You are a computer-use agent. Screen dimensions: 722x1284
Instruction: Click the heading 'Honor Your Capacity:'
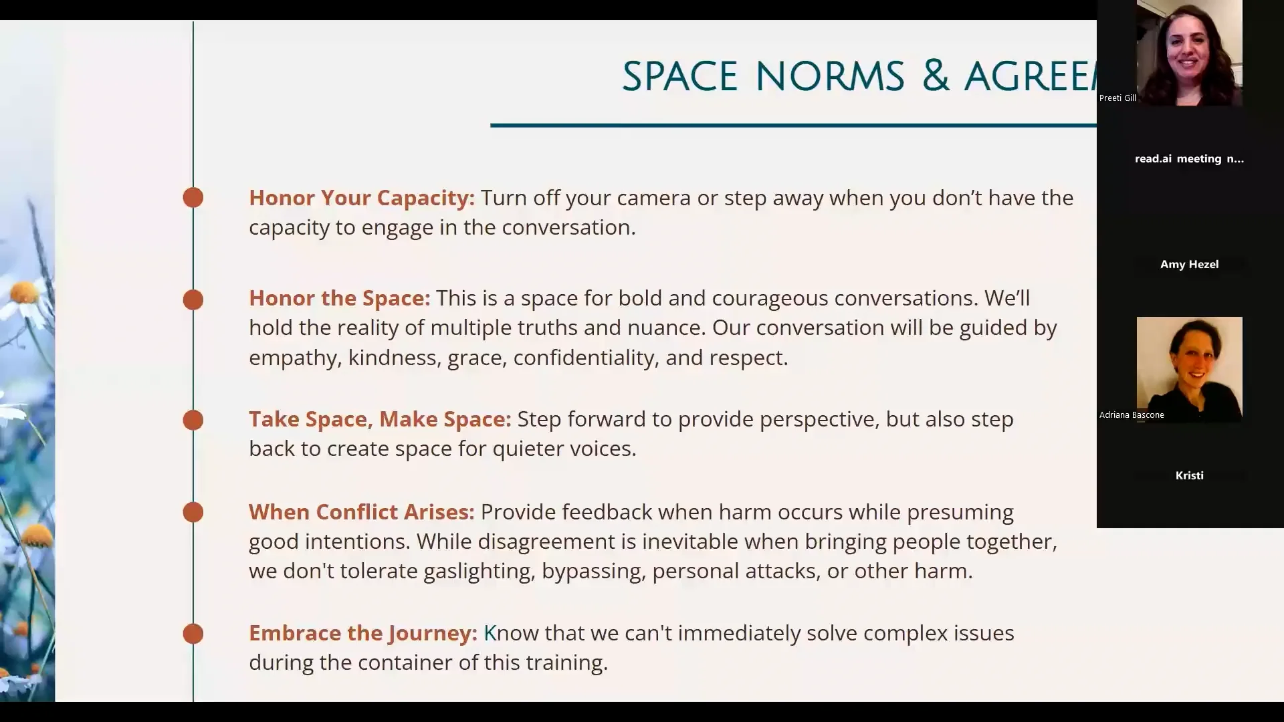[x=361, y=198]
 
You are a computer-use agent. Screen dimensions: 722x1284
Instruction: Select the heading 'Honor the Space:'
[x=339, y=298]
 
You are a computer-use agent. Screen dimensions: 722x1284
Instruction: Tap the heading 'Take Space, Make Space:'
[x=379, y=419]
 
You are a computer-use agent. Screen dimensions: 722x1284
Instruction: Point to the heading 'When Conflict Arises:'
[x=361, y=512]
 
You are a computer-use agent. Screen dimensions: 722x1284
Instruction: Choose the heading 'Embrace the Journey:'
[x=362, y=633]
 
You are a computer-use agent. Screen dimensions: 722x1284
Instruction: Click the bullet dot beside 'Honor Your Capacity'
[x=193, y=197]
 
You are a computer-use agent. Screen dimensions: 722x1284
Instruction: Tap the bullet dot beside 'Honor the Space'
[x=193, y=299]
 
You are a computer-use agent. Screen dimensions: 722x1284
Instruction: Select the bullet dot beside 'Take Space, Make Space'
[x=193, y=420]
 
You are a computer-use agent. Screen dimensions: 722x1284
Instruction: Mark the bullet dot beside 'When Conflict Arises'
[x=193, y=512]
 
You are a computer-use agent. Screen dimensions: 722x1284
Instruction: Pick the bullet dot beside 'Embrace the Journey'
[x=193, y=634]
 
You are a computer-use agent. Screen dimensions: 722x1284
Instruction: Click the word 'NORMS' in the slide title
[x=830, y=76]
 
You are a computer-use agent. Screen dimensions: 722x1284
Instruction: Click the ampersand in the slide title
[x=935, y=76]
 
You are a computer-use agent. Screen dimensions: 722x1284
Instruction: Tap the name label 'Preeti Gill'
[x=1117, y=98]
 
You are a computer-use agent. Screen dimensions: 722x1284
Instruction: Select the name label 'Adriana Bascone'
[x=1132, y=415]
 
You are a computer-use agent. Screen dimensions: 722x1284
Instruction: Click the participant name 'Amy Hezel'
[x=1189, y=265]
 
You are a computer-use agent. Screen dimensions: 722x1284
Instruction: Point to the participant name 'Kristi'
[x=1189, y=476]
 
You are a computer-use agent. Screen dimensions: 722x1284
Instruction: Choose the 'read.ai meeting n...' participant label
[x=1189, y=159]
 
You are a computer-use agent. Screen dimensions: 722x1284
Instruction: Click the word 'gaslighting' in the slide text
[x=479, y=571]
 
